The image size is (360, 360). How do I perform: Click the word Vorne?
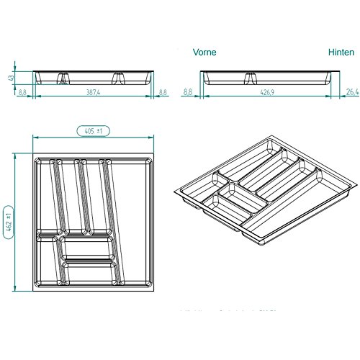tap(204, 53)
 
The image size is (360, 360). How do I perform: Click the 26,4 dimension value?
tap(351, 91)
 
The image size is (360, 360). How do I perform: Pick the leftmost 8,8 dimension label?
tap(22, 91)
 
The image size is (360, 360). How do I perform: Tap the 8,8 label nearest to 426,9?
tap(189, 91)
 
